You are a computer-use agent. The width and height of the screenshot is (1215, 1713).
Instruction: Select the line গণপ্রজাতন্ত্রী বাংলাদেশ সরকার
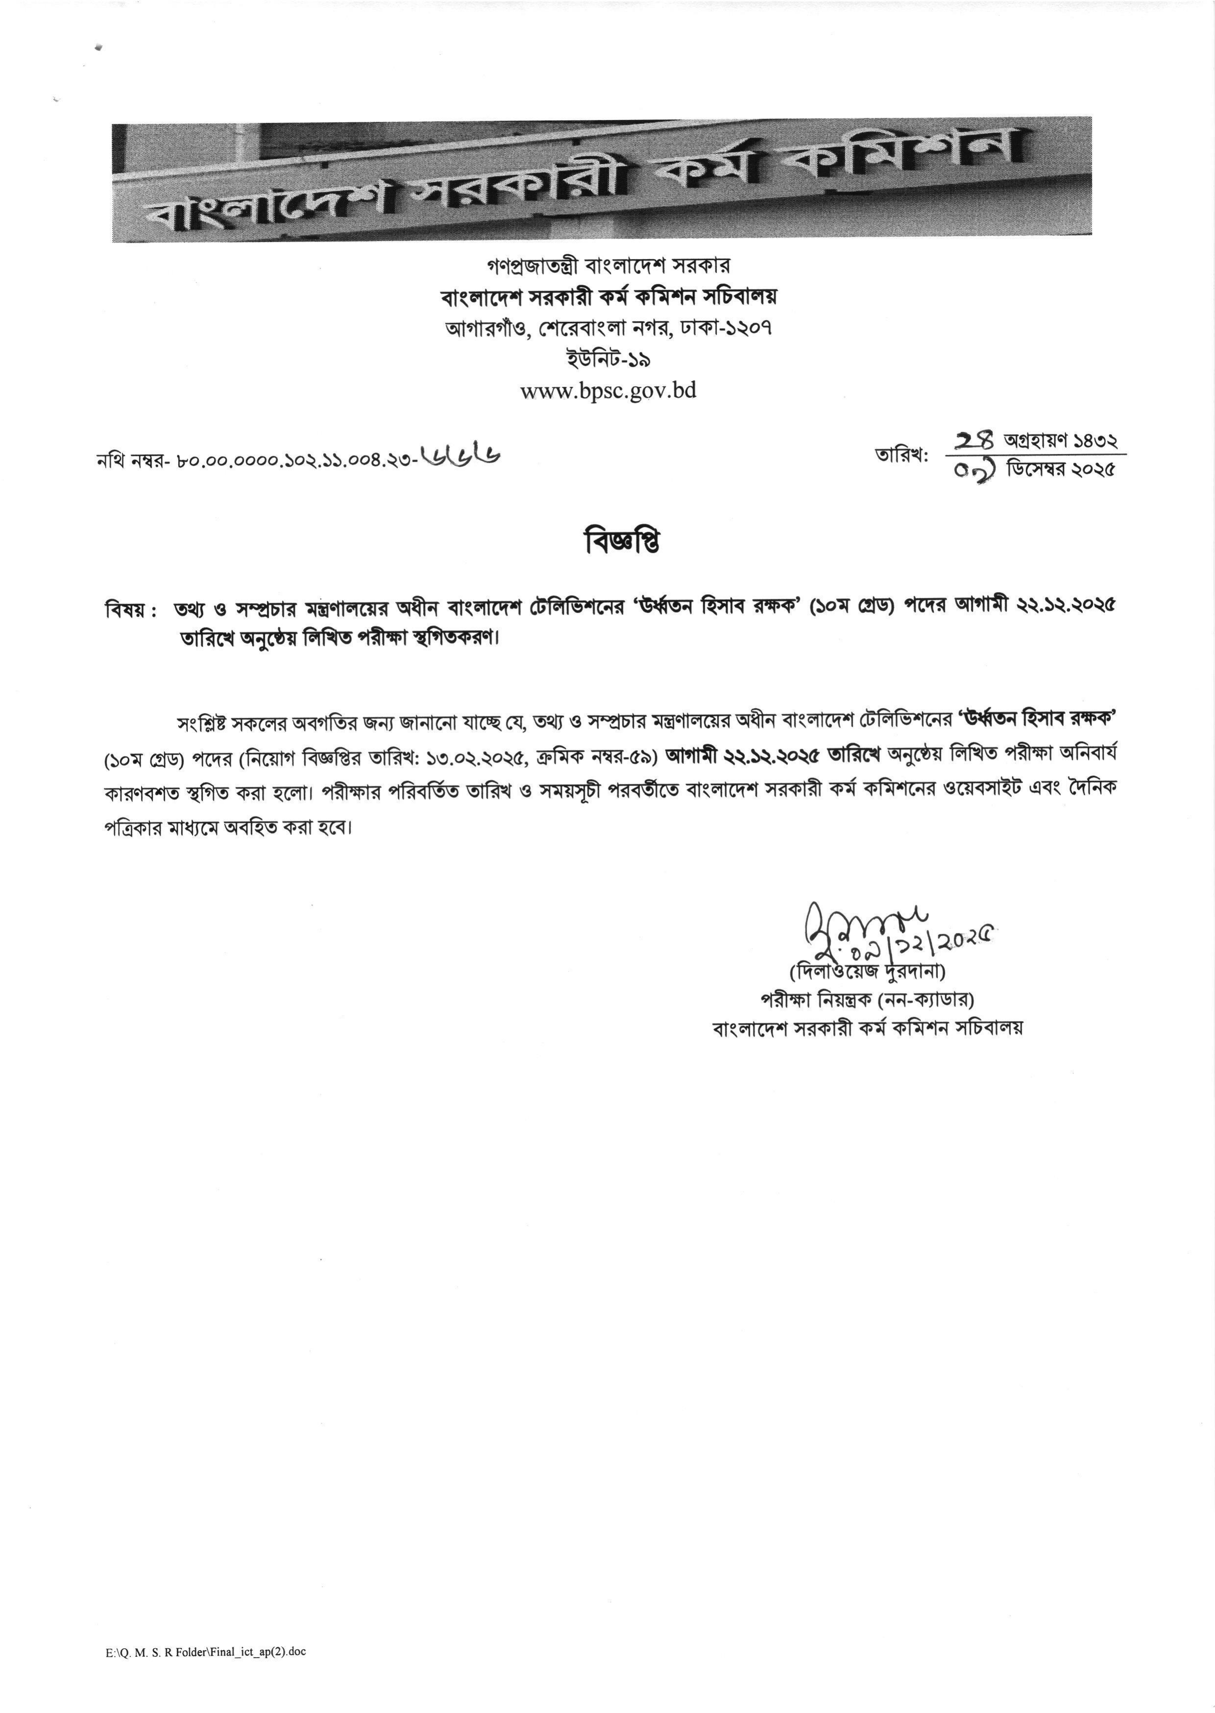tap(607, 265)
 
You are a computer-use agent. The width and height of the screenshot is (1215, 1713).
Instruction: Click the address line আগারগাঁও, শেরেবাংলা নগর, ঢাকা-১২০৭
tap(607, 328)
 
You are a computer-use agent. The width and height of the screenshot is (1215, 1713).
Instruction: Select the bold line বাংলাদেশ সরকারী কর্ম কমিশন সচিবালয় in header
tap(607, 296)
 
